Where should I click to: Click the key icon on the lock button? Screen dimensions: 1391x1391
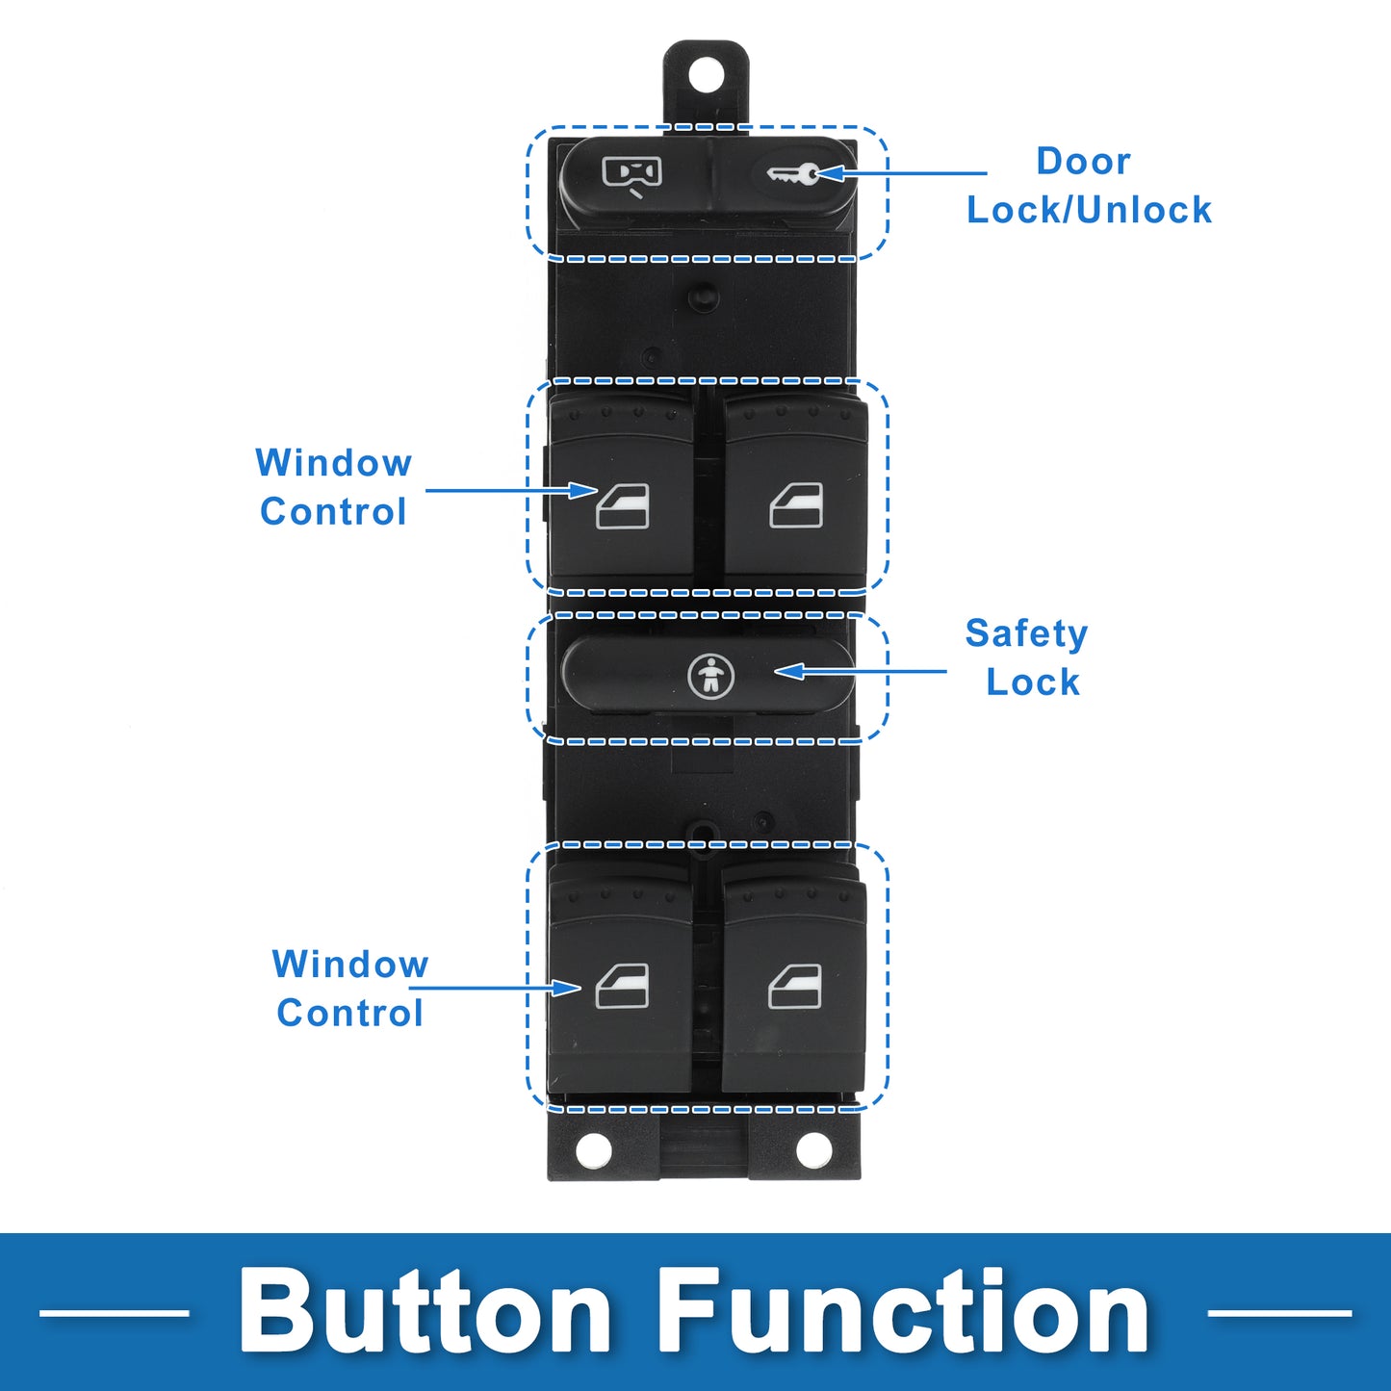tap(793, 174)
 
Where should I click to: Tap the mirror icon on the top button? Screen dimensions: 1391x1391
tap(632, 174)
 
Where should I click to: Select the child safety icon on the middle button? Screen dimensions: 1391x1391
tap(710, 676)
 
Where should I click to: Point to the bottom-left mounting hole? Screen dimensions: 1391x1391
tap(593, 1148)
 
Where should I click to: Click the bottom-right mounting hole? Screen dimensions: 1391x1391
tap(813, 1148)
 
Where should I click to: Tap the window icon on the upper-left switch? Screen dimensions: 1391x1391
tap(623, 506)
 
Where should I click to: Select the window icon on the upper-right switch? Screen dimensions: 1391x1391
tap(796, 505)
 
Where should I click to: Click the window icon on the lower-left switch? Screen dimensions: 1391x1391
tap(622, 987)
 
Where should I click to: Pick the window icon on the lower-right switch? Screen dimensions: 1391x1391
tap(795, 987)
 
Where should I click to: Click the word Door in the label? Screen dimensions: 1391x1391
tap(1083, 161)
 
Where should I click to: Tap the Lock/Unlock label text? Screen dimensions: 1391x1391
tap(1089, 210)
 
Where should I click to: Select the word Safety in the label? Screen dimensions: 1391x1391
tap(1026, 634)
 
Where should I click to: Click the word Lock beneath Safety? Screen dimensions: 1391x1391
tap(1033, 683)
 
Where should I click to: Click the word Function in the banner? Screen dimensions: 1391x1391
tap(904, 1312)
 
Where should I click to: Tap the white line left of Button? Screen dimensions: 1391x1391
tap(114, 1312)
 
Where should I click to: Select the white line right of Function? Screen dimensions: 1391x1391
tap(1279, 1312)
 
